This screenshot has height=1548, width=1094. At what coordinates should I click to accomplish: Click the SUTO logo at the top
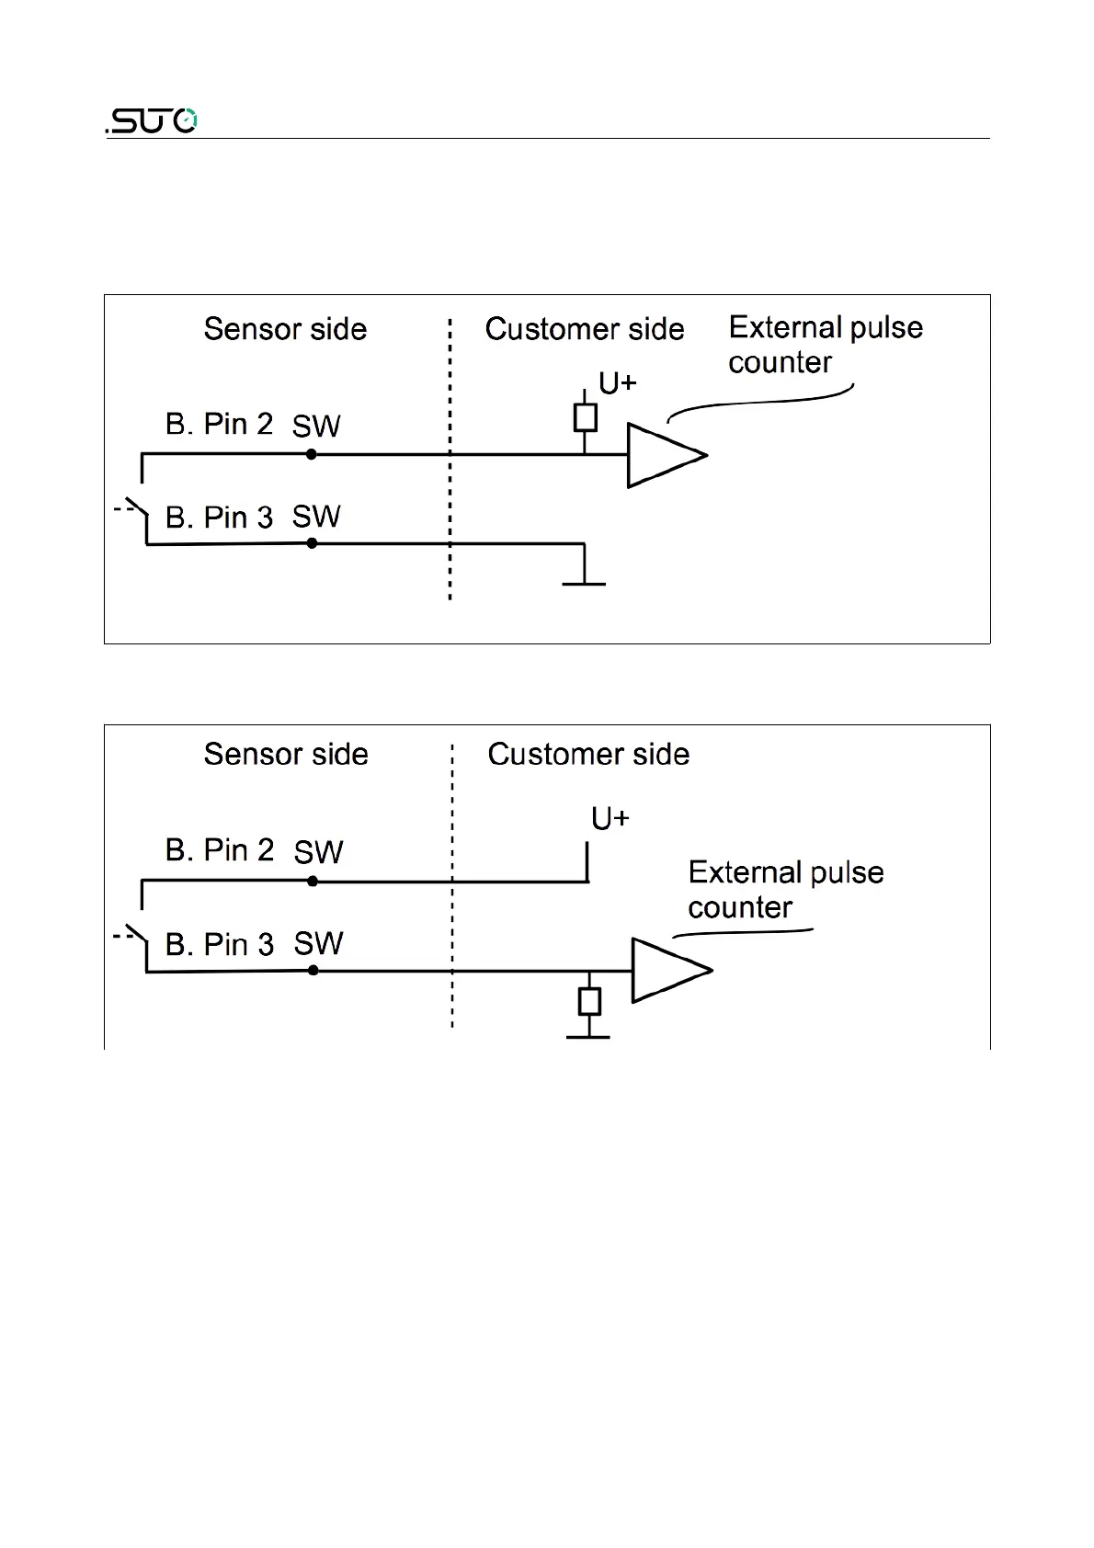pos(152,120)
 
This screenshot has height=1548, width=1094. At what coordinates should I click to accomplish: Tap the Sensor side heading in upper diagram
pos(285,329)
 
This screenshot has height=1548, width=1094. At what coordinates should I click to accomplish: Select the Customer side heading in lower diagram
pos(588,754)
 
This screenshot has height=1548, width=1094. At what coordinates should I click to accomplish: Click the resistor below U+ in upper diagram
pos(585,417)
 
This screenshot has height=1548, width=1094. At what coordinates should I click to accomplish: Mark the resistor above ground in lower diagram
pos(589,1001)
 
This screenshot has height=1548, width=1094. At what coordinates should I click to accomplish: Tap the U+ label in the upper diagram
pos(617,383)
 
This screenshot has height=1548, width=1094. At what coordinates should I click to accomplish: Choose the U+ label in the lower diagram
pos(610,818)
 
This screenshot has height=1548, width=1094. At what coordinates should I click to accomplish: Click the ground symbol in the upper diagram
pos(585,582)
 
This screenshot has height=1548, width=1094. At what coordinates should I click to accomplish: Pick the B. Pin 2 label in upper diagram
pos(219,424)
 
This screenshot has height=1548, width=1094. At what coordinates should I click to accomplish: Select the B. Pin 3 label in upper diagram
pos(219,518)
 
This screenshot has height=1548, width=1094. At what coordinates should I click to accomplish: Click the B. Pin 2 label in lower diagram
pos(219,849)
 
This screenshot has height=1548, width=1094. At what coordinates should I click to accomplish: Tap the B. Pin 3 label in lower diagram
pos(219,944)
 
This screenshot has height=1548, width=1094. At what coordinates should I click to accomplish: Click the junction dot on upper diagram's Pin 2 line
pos(312,454)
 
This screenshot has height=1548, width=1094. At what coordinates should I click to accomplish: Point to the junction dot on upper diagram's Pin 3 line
pos(312,543)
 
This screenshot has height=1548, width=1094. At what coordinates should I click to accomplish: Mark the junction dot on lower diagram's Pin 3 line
pos(313,970)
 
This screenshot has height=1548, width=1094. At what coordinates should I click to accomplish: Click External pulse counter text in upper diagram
pos(825,345)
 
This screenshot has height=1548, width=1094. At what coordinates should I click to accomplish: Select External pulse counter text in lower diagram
pos(785,890)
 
